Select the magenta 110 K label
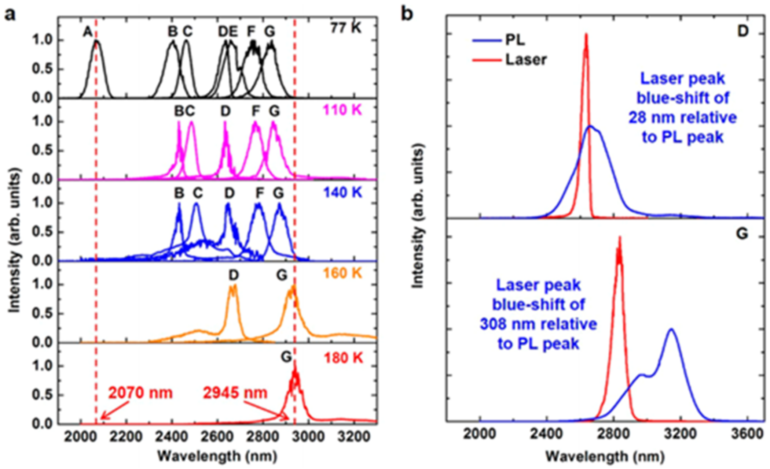(x=342, y=110)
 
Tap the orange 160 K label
(x=342, y=273)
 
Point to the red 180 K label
(x=343, y=358)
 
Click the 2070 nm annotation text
(x=140, y=393)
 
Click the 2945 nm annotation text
(x=235, y=393)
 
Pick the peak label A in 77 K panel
(x=87, y=32)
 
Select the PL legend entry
(x=515, y=40)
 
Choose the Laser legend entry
(x=526, y=59)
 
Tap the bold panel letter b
(x=407, y=14)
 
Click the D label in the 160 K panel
(x=234, y=275)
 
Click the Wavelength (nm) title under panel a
(x=217, y=456)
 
